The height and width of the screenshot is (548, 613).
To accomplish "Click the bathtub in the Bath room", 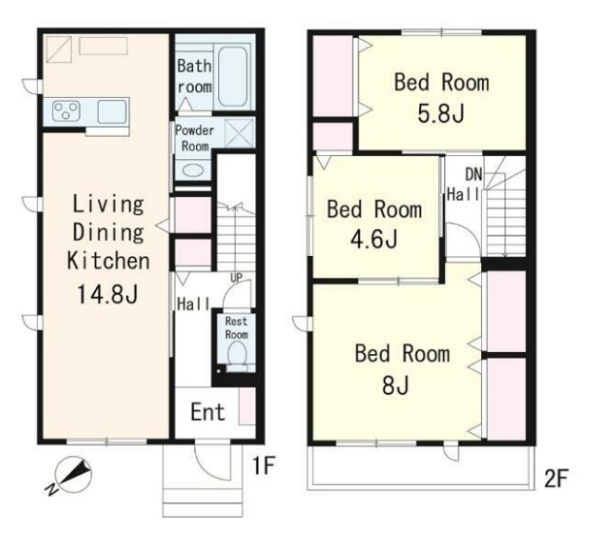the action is pyautogui.click(x=233, y=77).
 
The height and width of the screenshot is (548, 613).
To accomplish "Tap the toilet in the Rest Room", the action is pyautogui.click(x=237, y=356).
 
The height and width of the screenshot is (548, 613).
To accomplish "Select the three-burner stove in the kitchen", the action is pyautogui.click(x=67, y=111).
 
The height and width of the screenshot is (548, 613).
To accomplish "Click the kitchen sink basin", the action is pyautogui.click(x=112, y=112).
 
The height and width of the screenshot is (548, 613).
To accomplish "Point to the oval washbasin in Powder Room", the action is pyautogui.click(x=193, y=171).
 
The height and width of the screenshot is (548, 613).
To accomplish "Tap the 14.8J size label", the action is pyautogui.click(x=108, y=294).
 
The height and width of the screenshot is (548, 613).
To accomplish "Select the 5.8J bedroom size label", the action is pyautogui.click(x=441, y=113).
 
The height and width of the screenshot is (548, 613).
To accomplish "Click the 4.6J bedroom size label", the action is pyautogui.click(x=373, y=240).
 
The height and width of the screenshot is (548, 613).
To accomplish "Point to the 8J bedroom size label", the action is pyautogui.click(x=396, y=385).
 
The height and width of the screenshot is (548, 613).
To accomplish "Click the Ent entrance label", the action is pyautogui.click(x=208, y=411).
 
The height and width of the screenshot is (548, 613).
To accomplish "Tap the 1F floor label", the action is pyautogui.click(x=264, y=466).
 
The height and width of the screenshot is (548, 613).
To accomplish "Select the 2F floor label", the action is pyautogui.click(x=556, y=477).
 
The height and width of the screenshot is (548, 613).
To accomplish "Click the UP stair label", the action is pyautogui.click(x=236, y=278).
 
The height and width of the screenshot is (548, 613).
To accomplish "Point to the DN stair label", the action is pyautogui.click(x=474, y=175).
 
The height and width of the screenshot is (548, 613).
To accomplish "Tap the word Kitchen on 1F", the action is pyautogui.click(x=109, y=261).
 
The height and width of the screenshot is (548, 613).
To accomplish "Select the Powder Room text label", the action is pyautogui.click(x=195, y=139).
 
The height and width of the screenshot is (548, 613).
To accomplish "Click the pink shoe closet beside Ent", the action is pyautogui.click(x=247, y=405).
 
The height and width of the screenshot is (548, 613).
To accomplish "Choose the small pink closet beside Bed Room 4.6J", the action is pyautogui.click(x=333, y=137).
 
